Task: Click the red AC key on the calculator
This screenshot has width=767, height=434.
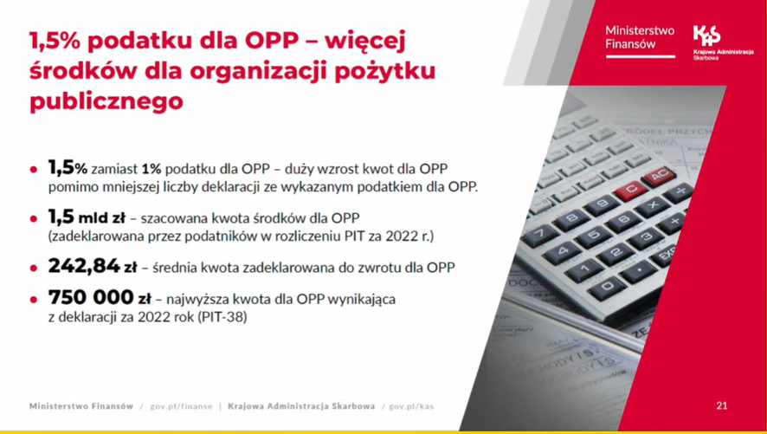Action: pos(659,175)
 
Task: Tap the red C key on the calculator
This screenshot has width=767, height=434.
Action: pos(631,190)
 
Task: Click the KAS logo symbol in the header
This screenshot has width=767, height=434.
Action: pos(706,36)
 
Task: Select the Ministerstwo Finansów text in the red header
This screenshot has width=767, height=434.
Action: pos(640,37)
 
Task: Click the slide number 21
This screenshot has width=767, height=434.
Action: pos(721,405)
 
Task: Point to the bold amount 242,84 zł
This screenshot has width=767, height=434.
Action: pos(93,267)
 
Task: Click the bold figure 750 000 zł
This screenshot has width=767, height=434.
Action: pos(100,297)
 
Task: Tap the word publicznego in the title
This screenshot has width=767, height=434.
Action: pos(106,101)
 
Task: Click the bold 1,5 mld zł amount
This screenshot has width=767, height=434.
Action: pos(87,217)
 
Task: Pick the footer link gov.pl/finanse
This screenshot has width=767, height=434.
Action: pos(181,406)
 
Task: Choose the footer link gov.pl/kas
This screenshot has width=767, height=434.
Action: pos(411,406)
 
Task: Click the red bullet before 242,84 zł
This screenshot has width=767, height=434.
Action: pos(33,269)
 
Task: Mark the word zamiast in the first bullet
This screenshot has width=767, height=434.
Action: pos(114,169)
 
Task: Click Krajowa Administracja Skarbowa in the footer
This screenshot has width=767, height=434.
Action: pos(301,406)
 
